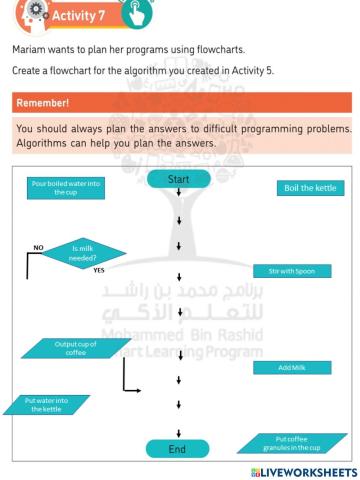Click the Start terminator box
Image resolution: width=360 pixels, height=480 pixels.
tap(178, 179)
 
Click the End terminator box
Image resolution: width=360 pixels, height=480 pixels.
tap(177, 449)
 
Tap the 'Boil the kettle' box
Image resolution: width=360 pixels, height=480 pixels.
tap(310, 188)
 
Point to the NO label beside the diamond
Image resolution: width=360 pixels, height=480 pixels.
tap(39, 245)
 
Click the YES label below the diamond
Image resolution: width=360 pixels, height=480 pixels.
tap(99, 270)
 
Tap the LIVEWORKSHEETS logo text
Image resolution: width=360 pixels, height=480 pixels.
tap(301, 471)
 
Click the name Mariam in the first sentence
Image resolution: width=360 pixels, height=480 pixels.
tap(29, 48)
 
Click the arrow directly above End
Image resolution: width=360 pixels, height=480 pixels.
tap(178, 429)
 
